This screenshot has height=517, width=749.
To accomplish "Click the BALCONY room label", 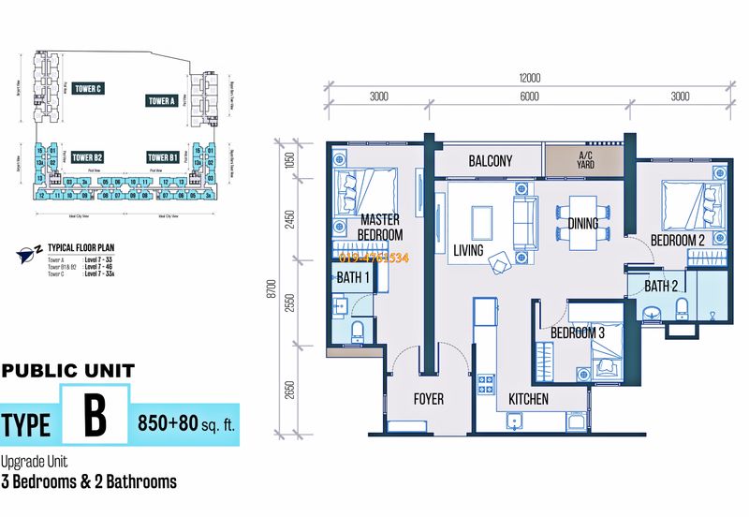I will click(490, 161).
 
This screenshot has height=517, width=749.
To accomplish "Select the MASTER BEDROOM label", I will click(381, 227).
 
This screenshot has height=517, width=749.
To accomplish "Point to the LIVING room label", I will click(468, 250).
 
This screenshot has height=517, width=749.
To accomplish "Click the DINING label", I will click(583, 224).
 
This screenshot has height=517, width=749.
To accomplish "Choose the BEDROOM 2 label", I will click(679, 241).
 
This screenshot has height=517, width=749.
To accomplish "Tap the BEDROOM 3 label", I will click(577, 333).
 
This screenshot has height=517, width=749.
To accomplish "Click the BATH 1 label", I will click(354, 278).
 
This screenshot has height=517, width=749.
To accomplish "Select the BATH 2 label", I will click(661, 286).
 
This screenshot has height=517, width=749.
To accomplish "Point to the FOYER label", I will click(429, 399).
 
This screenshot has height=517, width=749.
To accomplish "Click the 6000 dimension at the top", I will click(529, 96).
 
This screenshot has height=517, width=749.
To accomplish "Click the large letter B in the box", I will click(95, 417).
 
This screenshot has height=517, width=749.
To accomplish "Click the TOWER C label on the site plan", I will click(87, 88).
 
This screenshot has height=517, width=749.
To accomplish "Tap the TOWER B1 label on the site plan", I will click(162, 157).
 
